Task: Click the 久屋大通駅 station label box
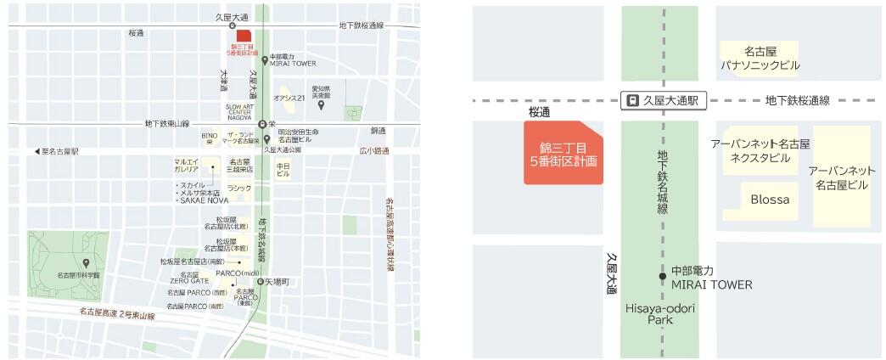point(664,100)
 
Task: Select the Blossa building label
point(770,200)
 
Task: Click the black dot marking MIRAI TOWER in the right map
point(663,276)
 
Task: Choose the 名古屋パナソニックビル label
point(760,58)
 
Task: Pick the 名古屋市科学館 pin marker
point(86,263)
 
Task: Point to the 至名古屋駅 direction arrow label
point(56,151)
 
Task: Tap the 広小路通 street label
point(373,151)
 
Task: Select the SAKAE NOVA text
point(200,200)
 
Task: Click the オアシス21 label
point(289,98)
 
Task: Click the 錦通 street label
point(378,131)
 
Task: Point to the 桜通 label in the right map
point(539,111)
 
